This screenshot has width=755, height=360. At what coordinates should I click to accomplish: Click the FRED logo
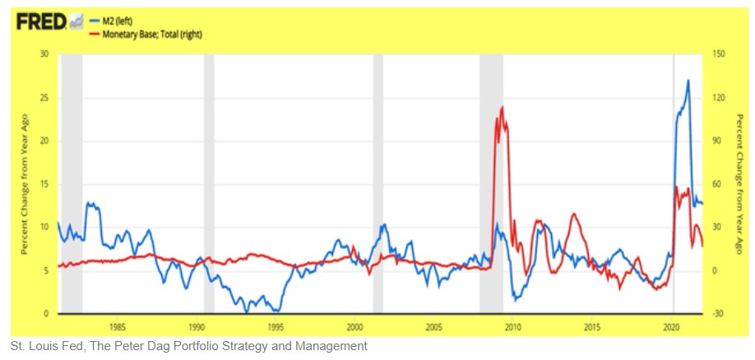pyautogui.click(x=42, y=22)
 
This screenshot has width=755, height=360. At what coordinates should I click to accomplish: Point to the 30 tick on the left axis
pyautogui.click(x=44, y=54)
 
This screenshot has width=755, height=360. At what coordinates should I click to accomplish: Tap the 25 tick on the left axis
pyautogui.click(x=44, y=98)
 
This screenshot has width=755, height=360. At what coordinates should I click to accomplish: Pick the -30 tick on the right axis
pyautogui.click(x=718, y=314)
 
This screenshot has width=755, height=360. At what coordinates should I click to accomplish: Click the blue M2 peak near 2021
pyautogui.click(x=688, y=81)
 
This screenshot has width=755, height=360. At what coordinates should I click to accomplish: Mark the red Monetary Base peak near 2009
pyautogui.click(x=502, y=107)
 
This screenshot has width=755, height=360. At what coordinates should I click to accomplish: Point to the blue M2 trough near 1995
pyautogui.click(x=277, y=311)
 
